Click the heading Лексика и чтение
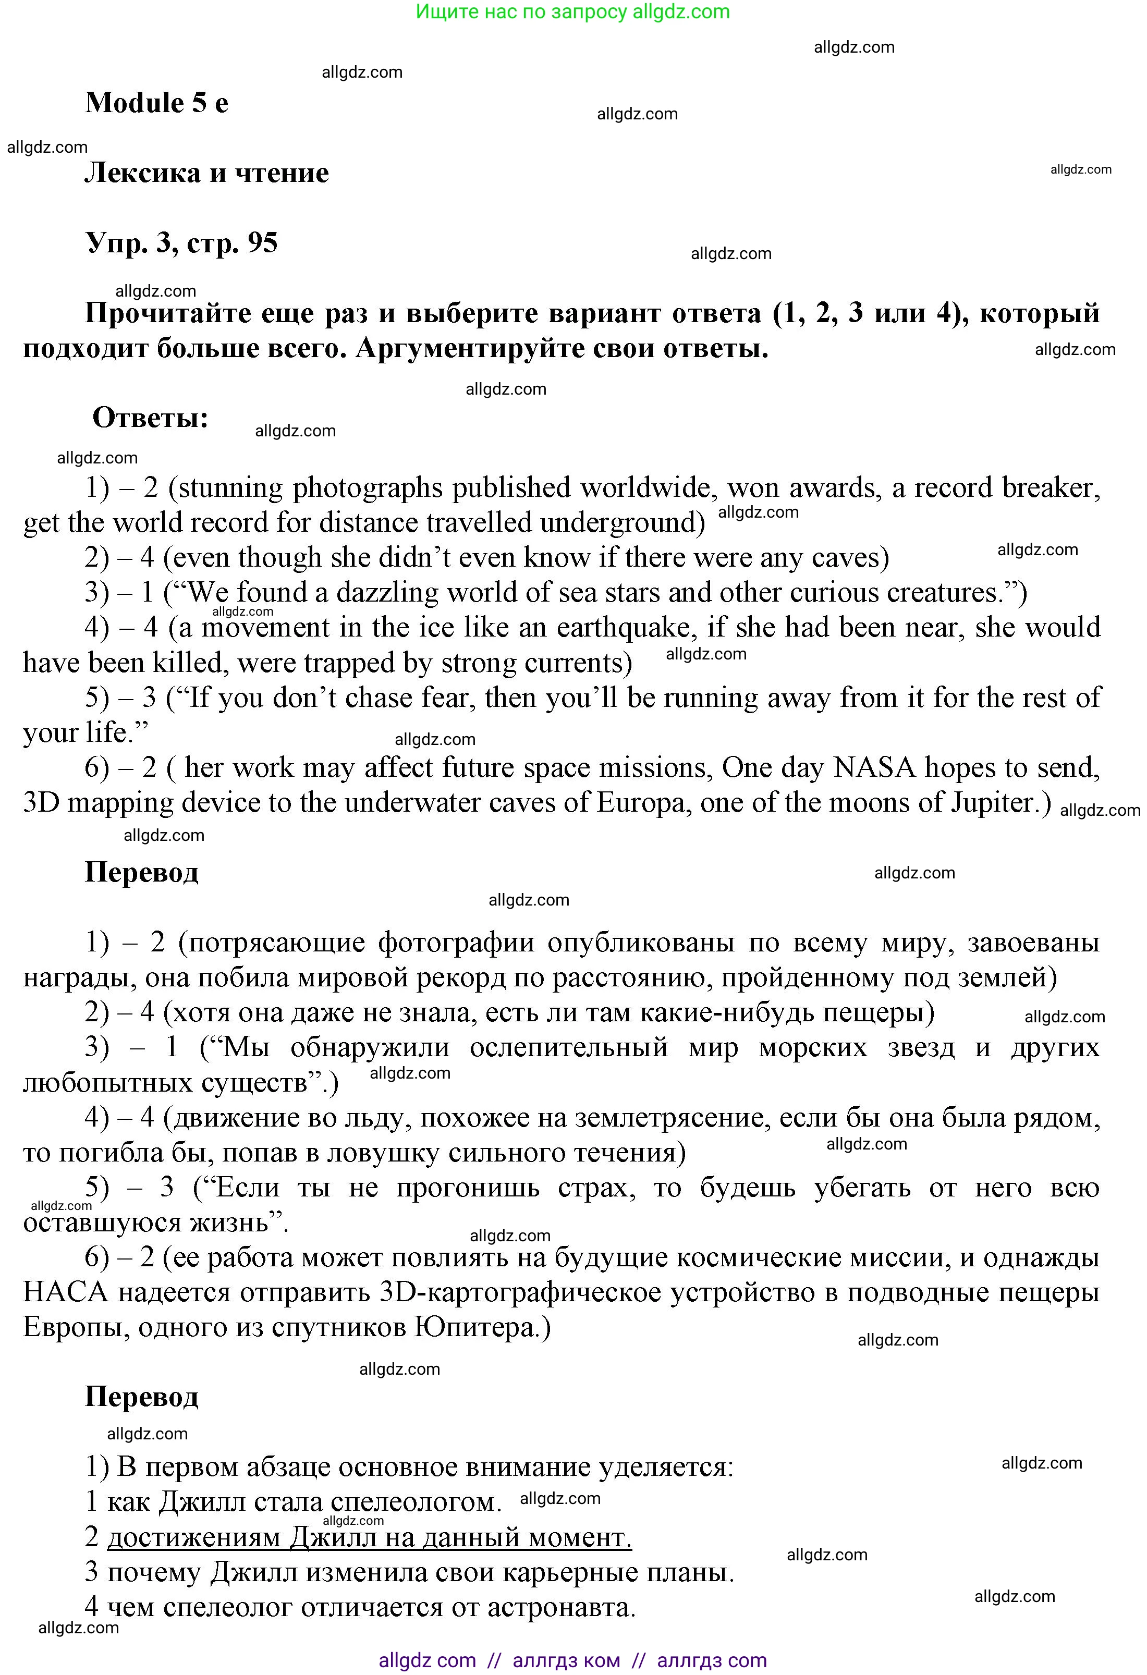point(207,173)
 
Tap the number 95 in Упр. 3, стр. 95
point(262,243)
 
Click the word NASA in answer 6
point(874,767)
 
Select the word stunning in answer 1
point(229,488)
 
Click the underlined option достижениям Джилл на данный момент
point(369,1537)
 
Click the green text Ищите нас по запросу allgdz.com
point(573,11)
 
